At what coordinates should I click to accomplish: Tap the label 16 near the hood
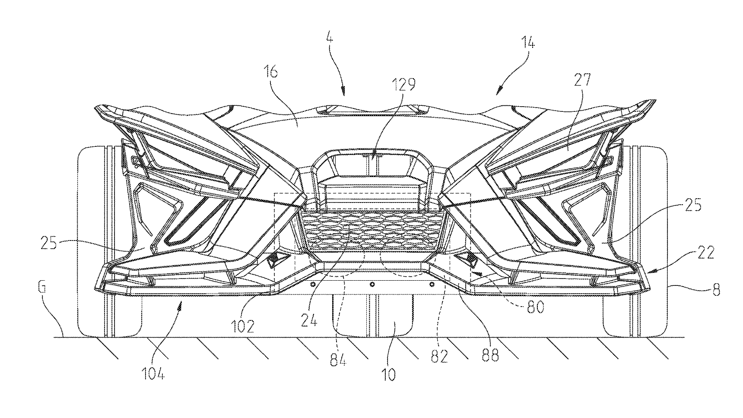269,72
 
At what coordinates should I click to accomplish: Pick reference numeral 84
338,360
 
